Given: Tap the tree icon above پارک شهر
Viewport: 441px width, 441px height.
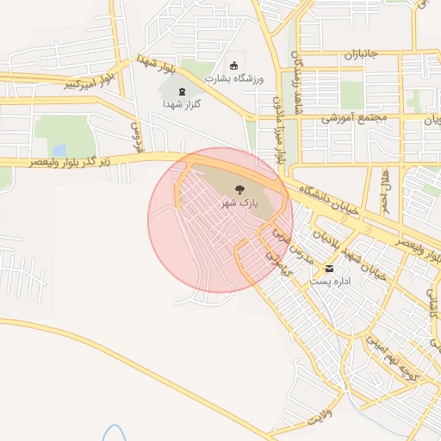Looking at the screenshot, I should pos(240,187).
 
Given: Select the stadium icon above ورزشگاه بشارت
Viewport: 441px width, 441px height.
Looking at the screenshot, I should pos(233,65).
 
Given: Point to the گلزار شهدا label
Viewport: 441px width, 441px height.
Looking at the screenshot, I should pos(181,103).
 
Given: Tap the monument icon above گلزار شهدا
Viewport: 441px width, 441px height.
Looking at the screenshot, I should pos(181,90).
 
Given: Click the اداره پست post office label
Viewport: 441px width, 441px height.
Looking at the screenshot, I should pos(330,283).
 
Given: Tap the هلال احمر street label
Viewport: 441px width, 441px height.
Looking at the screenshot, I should pos(384,189).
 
